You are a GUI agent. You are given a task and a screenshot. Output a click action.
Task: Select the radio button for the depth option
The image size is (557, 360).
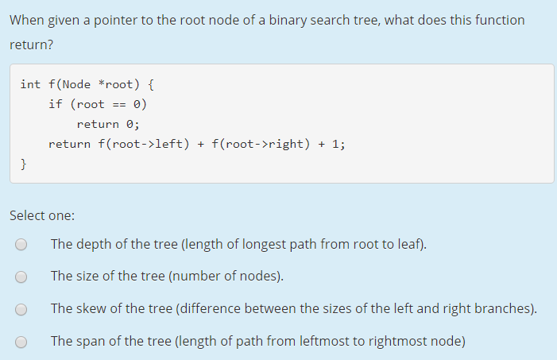(21, 245)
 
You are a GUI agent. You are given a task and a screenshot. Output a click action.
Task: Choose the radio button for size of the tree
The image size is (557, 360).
(21, 277)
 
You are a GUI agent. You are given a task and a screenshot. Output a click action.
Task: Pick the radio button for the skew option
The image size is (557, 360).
(21, 309)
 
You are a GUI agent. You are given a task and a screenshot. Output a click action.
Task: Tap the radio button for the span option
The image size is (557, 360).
(21, 342)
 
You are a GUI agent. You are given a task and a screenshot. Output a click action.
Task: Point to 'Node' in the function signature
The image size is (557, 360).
(76, 83)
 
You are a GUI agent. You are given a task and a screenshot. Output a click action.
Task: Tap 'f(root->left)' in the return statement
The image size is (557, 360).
(141, 144)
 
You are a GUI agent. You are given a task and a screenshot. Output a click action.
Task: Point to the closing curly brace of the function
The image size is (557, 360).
(24, 164)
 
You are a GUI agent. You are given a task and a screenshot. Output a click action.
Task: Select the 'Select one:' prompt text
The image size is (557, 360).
(42, 215)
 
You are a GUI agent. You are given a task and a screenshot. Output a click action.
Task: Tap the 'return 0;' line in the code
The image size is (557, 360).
(108, 124)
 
